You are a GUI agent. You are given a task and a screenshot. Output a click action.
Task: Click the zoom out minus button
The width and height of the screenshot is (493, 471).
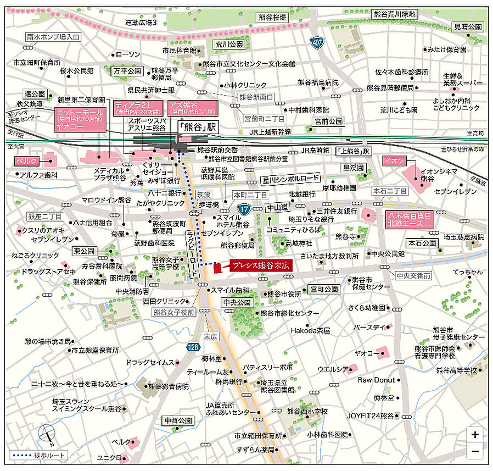coord(474,451)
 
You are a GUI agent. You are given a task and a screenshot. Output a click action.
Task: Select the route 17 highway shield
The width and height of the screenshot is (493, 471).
coord(244,209)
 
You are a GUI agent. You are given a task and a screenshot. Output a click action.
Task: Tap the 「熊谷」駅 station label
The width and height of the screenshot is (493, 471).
coord(197,125)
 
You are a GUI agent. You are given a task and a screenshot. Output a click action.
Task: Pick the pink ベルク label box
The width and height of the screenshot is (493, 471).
coord(26,162)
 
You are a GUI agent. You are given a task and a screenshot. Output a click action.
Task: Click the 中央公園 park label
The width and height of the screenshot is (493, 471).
coord(236,302)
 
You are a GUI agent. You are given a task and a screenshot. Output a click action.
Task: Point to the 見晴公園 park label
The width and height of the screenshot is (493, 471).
coord(467,26)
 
